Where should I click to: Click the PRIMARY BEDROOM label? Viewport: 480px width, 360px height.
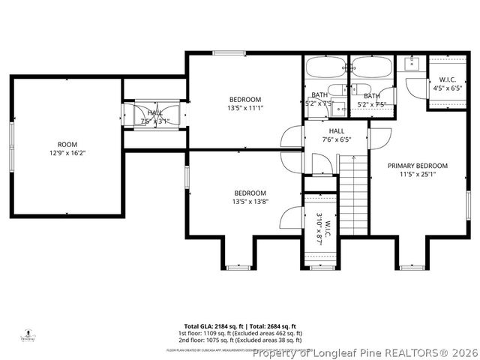coord(417,166)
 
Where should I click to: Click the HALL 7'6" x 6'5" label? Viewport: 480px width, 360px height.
coord(335,135)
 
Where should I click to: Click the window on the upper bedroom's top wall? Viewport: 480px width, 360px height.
coord(226,52)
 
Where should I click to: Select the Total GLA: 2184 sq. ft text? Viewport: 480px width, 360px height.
coord(209,326)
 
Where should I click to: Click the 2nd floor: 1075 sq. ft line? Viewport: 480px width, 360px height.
coord(240,340)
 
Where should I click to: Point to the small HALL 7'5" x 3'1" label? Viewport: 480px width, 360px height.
coord(154,116)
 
